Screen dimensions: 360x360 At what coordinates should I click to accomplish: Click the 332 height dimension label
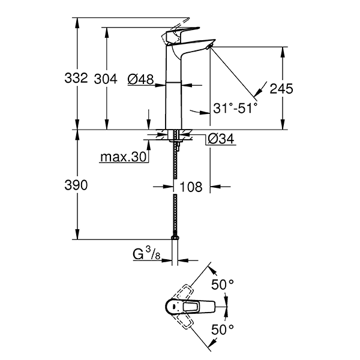77,78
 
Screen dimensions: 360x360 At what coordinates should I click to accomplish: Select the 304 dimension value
106,78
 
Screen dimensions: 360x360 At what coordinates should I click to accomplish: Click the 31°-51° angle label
235,108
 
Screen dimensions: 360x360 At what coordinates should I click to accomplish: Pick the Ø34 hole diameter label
220,140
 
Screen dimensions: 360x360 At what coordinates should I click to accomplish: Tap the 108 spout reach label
191,187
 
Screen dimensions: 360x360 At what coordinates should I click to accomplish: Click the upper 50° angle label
223,284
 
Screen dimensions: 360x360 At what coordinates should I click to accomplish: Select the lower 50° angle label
223,329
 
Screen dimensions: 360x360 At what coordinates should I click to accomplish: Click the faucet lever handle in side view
183,31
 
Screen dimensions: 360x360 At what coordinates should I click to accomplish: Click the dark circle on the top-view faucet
174,307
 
